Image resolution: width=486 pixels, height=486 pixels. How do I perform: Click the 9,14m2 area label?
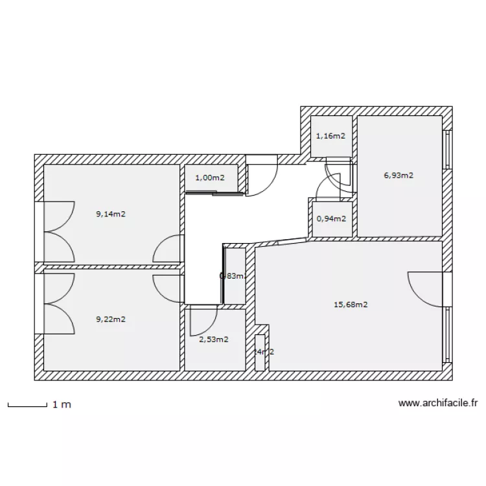coord(110,214)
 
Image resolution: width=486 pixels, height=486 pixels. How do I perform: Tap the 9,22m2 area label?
coord(110,319)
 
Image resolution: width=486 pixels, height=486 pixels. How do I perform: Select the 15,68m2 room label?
coord(351,305)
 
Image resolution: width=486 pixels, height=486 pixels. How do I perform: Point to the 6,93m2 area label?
coord(399,175)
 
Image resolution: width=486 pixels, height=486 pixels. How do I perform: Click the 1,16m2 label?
coord(330,136)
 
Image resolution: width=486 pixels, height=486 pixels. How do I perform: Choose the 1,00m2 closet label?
coord(210,178)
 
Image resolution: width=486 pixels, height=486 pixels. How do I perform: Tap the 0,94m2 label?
coord(330,218)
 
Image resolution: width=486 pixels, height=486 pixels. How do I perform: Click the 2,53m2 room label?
coord(213,339)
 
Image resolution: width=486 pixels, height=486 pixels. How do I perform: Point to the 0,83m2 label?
coord(233,275)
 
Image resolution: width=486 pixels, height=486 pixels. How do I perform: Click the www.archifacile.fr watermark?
coord(438,403)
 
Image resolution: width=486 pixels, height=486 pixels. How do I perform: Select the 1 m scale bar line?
coord(27,406)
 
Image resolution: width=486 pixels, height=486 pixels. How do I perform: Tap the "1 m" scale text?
coord(62,404)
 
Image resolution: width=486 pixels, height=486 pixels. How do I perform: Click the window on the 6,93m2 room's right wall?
coord(446,150)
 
